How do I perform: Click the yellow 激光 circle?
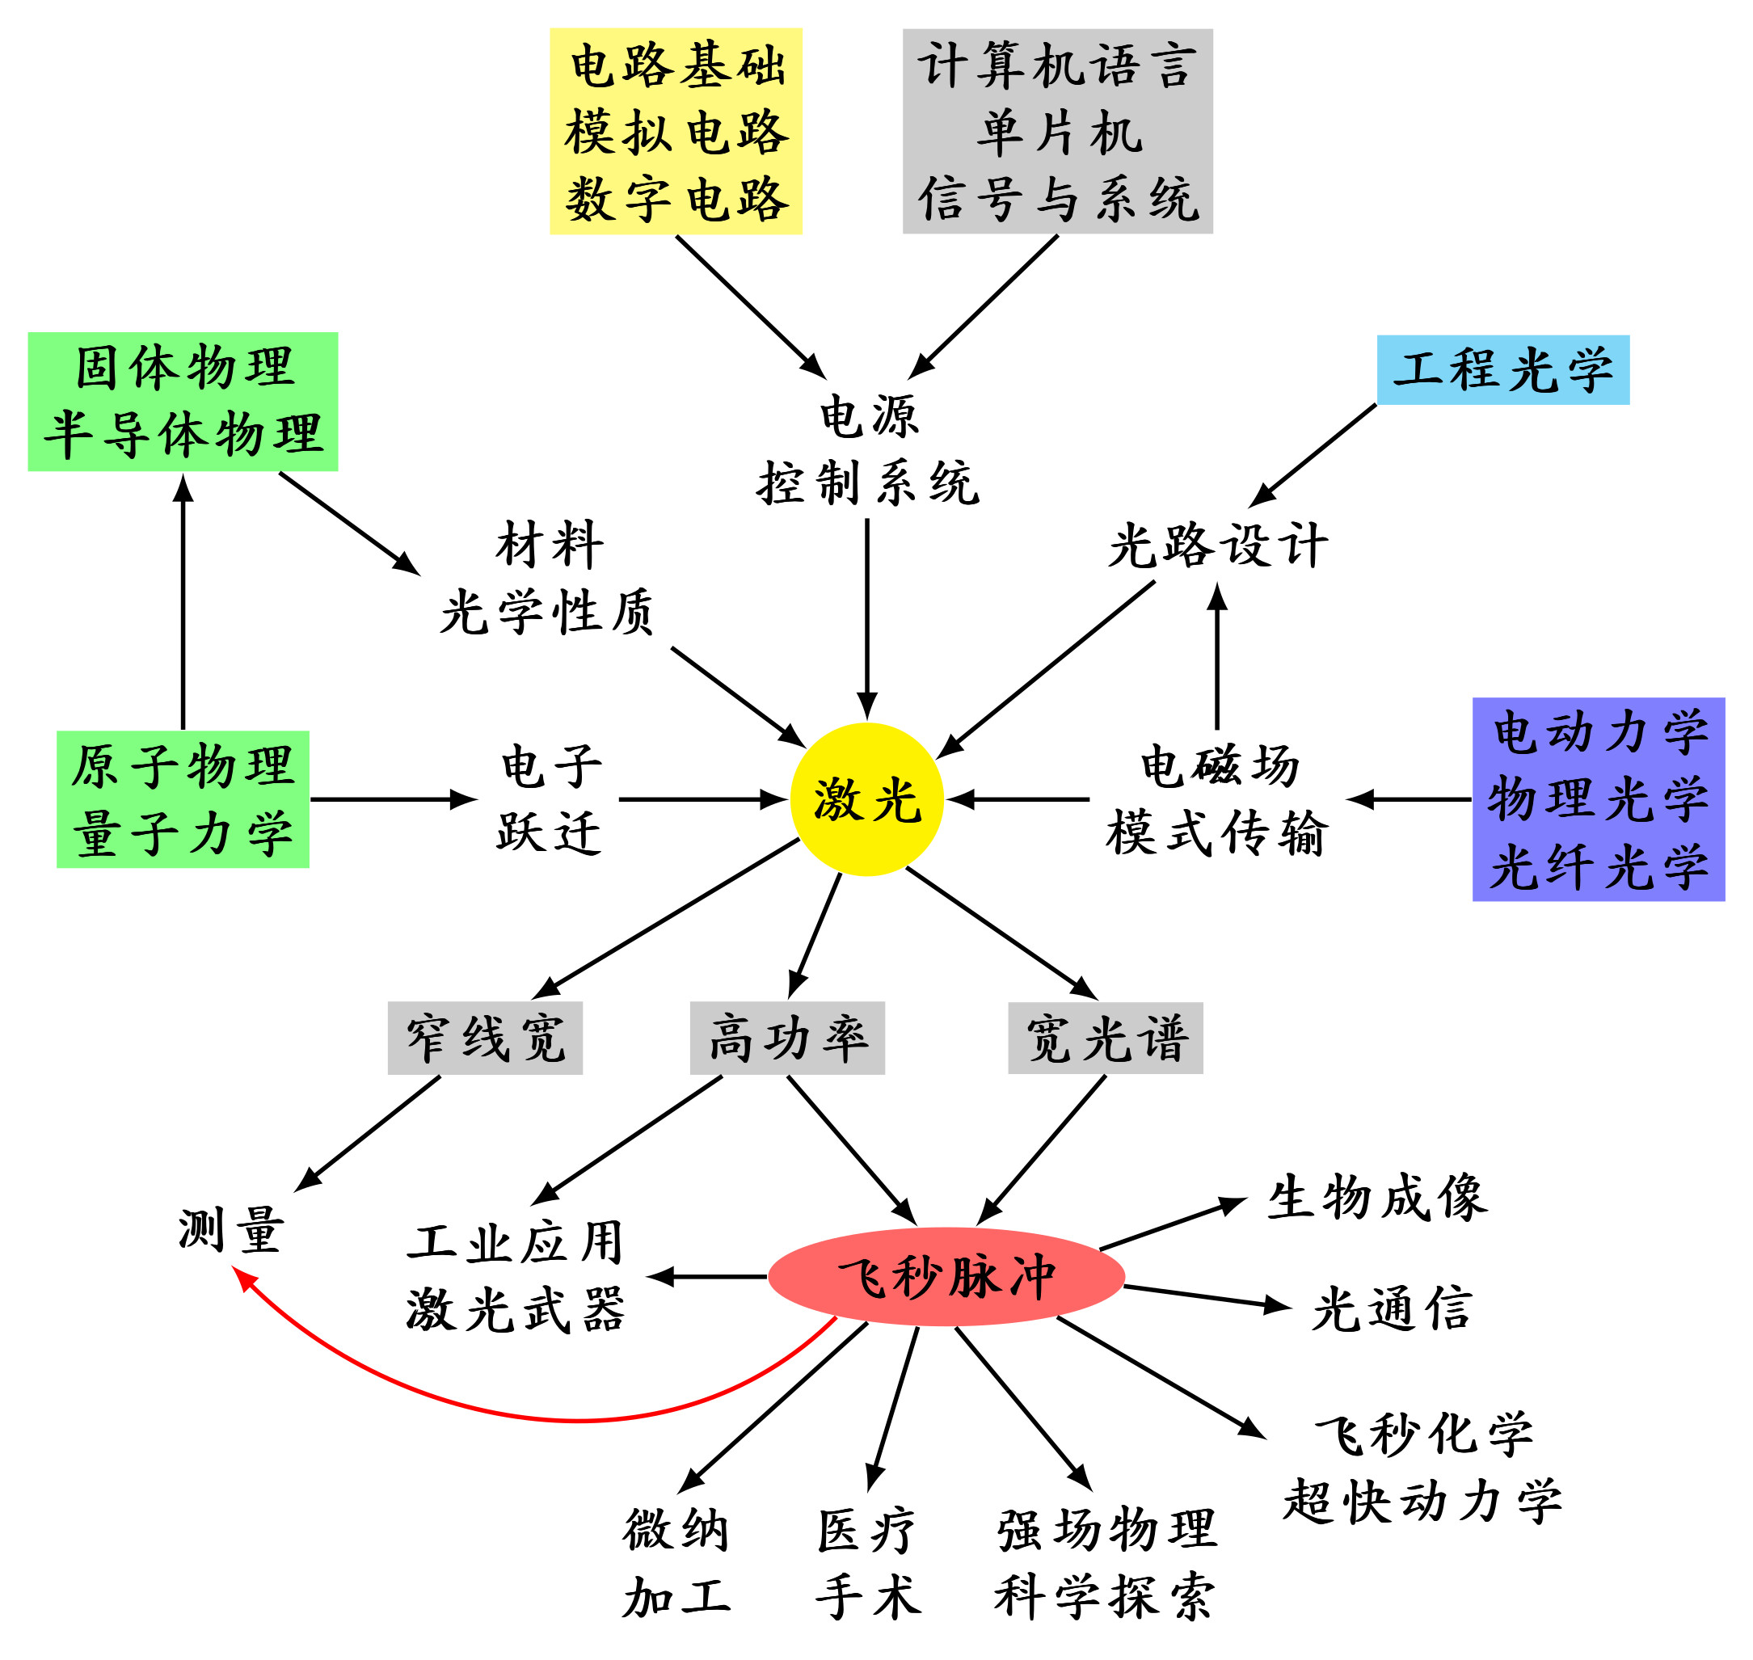click(x=866, y=800)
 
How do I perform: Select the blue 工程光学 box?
click(x=1502, y=370)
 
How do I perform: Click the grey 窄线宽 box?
click(x=485, y=1038)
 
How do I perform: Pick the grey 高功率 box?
click(x=786, y=1038)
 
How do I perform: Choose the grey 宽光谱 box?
click(x=1106, y=1038)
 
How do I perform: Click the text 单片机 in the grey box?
click(x=1059, y=133)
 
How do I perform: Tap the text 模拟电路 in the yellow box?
click(x=676, y=133)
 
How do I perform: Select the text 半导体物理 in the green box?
click(x=183, y=436)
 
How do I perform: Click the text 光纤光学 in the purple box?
click(x=1598, y=867)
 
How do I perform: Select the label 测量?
click(x=231, y=1230)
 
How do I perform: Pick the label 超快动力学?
click(x=1422, y=1502)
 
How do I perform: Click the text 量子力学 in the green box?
click(x=183, y=833)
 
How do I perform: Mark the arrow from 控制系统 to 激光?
click(x=867, y=619)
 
